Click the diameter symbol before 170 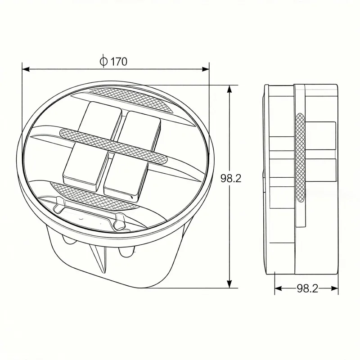(x=103, y=62)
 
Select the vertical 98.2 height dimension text (x=231, y=178)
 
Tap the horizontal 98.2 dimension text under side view (x=307, y=289)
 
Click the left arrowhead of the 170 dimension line (x=26, y=69)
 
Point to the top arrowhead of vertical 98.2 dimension (x=230, y=89)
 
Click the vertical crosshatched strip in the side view (x=300, y=157)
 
